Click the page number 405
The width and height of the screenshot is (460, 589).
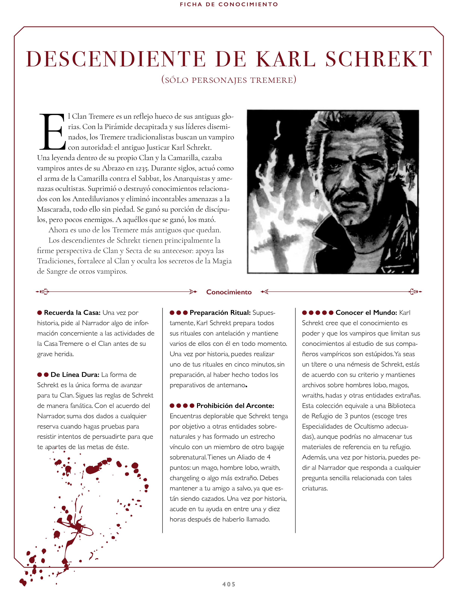click(229, 584)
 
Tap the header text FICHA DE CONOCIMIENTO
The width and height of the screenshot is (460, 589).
click(229, 4)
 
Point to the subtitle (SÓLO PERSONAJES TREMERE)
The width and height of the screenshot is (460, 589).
click(229, 80)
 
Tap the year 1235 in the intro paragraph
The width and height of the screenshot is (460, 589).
click(142, 169)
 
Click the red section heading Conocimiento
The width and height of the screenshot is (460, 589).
click(229, 292)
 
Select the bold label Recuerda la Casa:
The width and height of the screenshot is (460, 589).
click(72, 313)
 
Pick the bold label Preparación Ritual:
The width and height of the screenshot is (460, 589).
click(220, 313)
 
